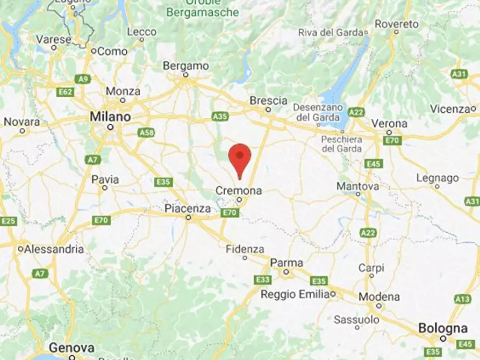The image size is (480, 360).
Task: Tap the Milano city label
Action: point(110,117)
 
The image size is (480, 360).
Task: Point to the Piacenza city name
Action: point(188,208)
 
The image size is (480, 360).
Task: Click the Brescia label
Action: point(268,100)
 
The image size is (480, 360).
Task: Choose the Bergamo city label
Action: point(185,66)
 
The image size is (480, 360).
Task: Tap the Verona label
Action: point(389,123)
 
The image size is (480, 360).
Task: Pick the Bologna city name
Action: point(443,328)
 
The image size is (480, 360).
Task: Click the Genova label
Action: point(72,348)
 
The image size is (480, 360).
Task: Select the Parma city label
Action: point(286,263)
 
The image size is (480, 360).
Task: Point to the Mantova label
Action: point(357,186)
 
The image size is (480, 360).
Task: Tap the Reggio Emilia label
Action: point(296,294)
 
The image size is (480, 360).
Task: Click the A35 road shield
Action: point(220,116)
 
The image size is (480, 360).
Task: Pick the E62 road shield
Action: point(65,92)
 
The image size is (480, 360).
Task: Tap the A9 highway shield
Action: point(82,79)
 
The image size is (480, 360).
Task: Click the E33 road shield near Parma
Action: point(263,280)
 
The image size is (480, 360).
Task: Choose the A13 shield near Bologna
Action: point(462,299)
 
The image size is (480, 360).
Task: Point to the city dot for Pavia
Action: point(105,188)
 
